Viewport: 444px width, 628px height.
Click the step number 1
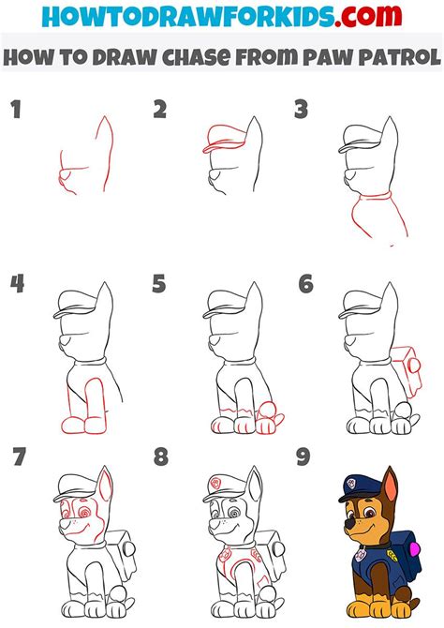(x=16, y=112)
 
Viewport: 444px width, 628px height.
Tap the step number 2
(x=160, y=111)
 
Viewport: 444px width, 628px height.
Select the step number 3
(x=302, y=111)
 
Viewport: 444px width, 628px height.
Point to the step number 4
(x=17, y=283)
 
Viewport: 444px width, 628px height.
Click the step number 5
(x=160, y=283)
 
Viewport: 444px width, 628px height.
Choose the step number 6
(x=304, y=283)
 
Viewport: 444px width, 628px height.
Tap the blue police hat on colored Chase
(x=359, y=489)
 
